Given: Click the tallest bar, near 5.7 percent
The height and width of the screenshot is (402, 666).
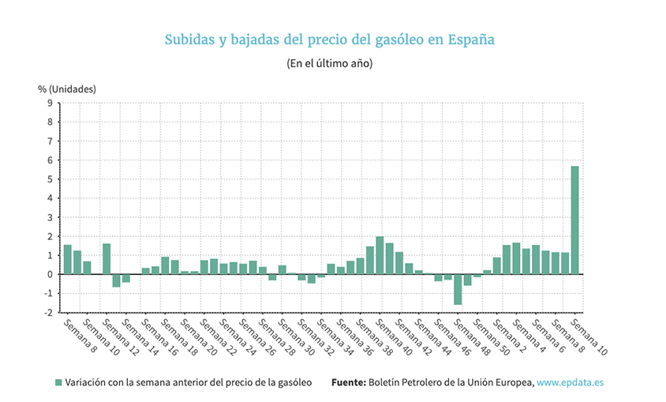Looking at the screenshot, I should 575,220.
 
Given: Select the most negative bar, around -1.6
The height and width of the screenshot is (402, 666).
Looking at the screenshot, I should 458,289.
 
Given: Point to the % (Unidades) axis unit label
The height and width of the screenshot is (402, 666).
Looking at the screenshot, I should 67,88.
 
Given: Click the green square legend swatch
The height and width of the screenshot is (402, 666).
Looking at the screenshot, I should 58,382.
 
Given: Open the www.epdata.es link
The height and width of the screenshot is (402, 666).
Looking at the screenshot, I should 570,382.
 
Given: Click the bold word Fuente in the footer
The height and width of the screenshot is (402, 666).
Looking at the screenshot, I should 348,382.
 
